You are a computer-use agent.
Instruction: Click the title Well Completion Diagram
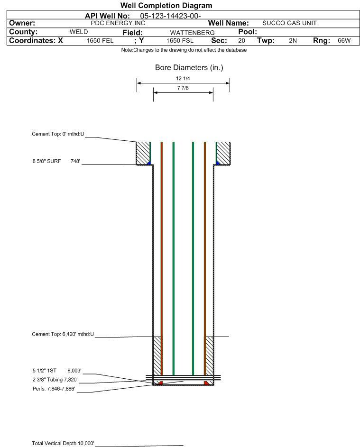(x=166, y=5)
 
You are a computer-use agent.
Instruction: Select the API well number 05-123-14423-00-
(x=170, y=16)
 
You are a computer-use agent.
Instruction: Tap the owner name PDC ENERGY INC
(x=118, y=23)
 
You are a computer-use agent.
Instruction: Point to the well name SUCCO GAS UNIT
(x=289, y=23)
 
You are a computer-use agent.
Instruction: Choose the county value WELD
(x=79, y=32)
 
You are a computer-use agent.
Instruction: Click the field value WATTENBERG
(x=192, y=33)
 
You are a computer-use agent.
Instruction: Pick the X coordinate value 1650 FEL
(x=100, y=41)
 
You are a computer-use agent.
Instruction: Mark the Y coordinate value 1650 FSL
(x=180, y=41)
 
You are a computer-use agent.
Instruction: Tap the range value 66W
(x=344, y=41)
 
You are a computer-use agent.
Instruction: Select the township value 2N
(x=293, y=41)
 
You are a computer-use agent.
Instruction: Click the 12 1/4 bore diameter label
(x=183, y=78)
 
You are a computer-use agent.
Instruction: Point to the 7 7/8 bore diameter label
(x=183, y=88)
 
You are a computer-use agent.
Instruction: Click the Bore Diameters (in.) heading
(x=189, y=68)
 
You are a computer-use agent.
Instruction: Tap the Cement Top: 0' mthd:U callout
(x=58, y=134)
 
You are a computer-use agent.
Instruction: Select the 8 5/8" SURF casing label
(x=46, y=161)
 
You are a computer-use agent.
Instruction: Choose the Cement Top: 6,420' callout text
(x=63, y=334)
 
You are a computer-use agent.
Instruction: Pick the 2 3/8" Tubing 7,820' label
(x=55, y=380)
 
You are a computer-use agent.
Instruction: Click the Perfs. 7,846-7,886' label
(x=54, y=389)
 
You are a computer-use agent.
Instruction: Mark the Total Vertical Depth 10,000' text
(x=63, y=443)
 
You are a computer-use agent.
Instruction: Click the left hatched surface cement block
(x=143, y=153)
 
